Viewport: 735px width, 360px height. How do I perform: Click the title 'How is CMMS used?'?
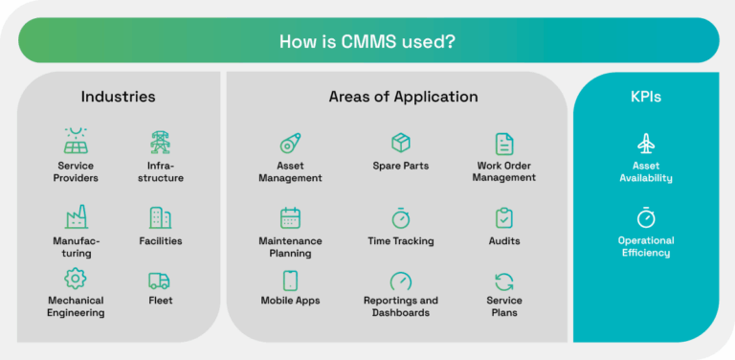tap(367, 41)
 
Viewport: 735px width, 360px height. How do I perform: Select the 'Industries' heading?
tap(118, 97)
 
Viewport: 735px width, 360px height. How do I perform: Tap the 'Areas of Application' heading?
tap(403, 97)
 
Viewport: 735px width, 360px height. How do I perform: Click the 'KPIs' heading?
tap(645, 97)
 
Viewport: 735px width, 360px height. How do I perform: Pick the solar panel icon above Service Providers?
tap(76, 142)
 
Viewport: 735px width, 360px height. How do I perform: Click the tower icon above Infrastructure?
tap(160, 142)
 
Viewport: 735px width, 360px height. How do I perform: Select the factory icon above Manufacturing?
tap(76, 217)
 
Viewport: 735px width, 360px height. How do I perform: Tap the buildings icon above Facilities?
tap(160, 217)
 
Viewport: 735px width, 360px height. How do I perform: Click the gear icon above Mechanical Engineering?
tap(76, 279)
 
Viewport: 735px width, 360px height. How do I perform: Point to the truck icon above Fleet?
tap(160, 281)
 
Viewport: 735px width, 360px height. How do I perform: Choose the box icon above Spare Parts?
tap(401, 143)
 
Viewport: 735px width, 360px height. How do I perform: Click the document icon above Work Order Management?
tap(504, 144)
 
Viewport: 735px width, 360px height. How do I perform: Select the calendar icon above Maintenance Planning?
tap(290, 217)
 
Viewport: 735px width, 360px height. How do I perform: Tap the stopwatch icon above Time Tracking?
tap(401, 217)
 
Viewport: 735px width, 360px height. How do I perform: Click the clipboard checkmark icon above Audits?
tap(504, 217)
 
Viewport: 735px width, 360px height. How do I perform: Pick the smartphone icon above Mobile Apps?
tap(290, 281)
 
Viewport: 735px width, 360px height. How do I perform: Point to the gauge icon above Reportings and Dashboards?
tap(401, 281)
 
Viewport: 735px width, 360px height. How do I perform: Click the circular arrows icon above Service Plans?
tap(504, 281)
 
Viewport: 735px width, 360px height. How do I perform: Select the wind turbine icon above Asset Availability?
tap(645, 144)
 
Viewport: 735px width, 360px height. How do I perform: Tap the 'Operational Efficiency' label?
tap(645, 247)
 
